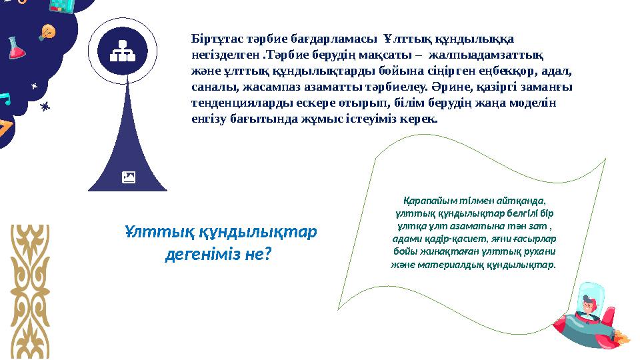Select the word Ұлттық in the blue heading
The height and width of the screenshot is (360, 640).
tap(154, 231)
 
